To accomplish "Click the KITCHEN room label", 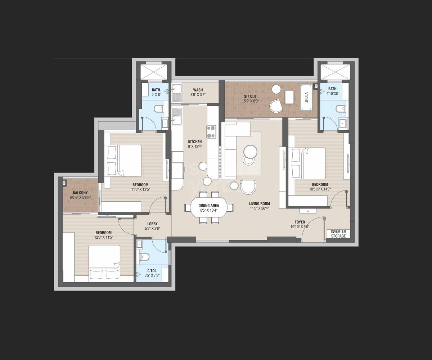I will click(x=195, y=142).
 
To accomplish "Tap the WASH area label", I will click(x=198, y=90).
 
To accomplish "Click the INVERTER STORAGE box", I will click(x=338, y=234).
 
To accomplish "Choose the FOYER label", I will click(x=300, y=222).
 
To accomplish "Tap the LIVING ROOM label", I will click(x=259, y=204).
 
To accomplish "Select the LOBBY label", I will click(x=152, y=224).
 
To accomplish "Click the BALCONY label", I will click(x=80, y=193).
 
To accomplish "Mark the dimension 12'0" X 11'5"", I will click(x=103, y=237).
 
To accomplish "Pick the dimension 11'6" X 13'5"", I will click(x=140, y=189).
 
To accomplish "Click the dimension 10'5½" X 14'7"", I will click(x=320, y=189).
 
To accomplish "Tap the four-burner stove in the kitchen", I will click(x=211, y=131).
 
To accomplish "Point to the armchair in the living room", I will click(x=248, y=186).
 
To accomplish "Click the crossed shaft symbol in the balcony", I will click(x=64, y=183).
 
